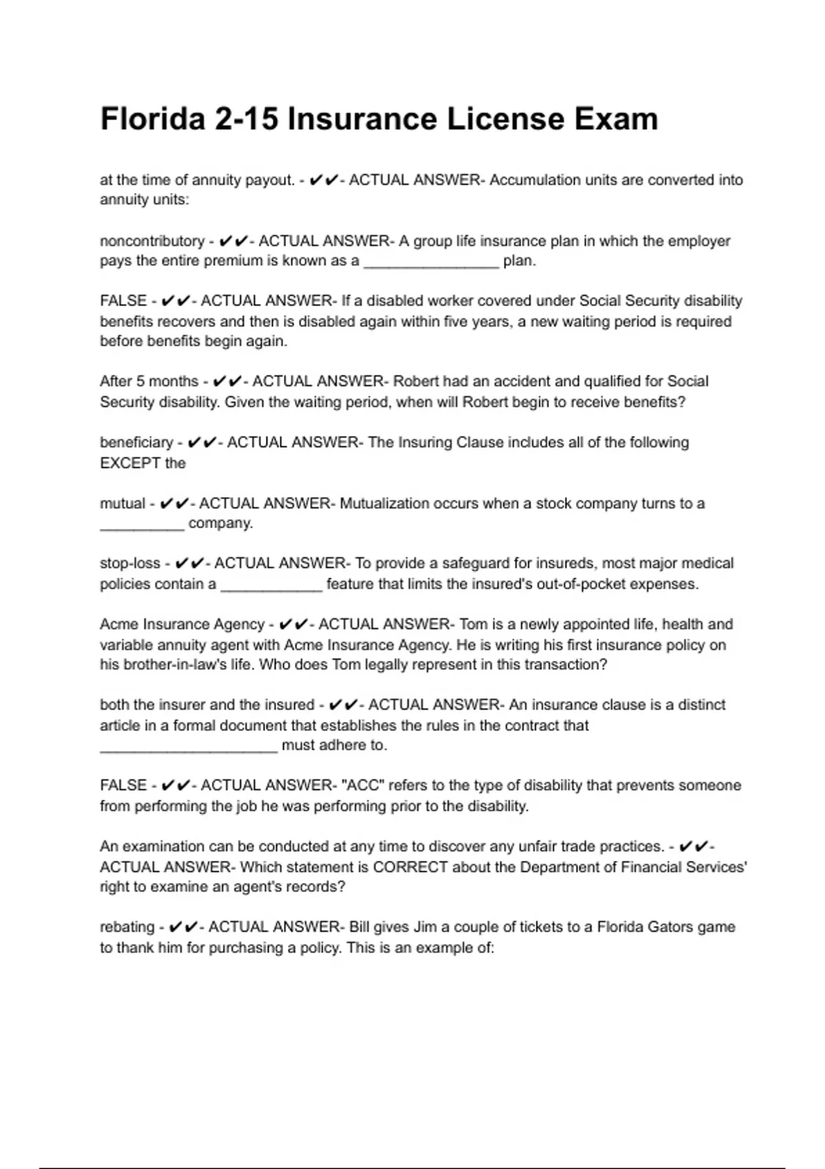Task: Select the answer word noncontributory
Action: click(152, 241)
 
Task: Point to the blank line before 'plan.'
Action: click(430, 262)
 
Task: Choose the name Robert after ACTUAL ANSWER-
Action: click(415, 382)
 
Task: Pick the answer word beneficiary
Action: click(136, 443)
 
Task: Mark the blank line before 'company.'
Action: click(142, 524)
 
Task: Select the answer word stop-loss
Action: click(130, 564)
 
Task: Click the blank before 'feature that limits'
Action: click(271, 585)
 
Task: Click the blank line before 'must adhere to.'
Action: click(188, 746)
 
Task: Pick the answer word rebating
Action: click(127, 927)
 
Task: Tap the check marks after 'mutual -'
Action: click(173, 504)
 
